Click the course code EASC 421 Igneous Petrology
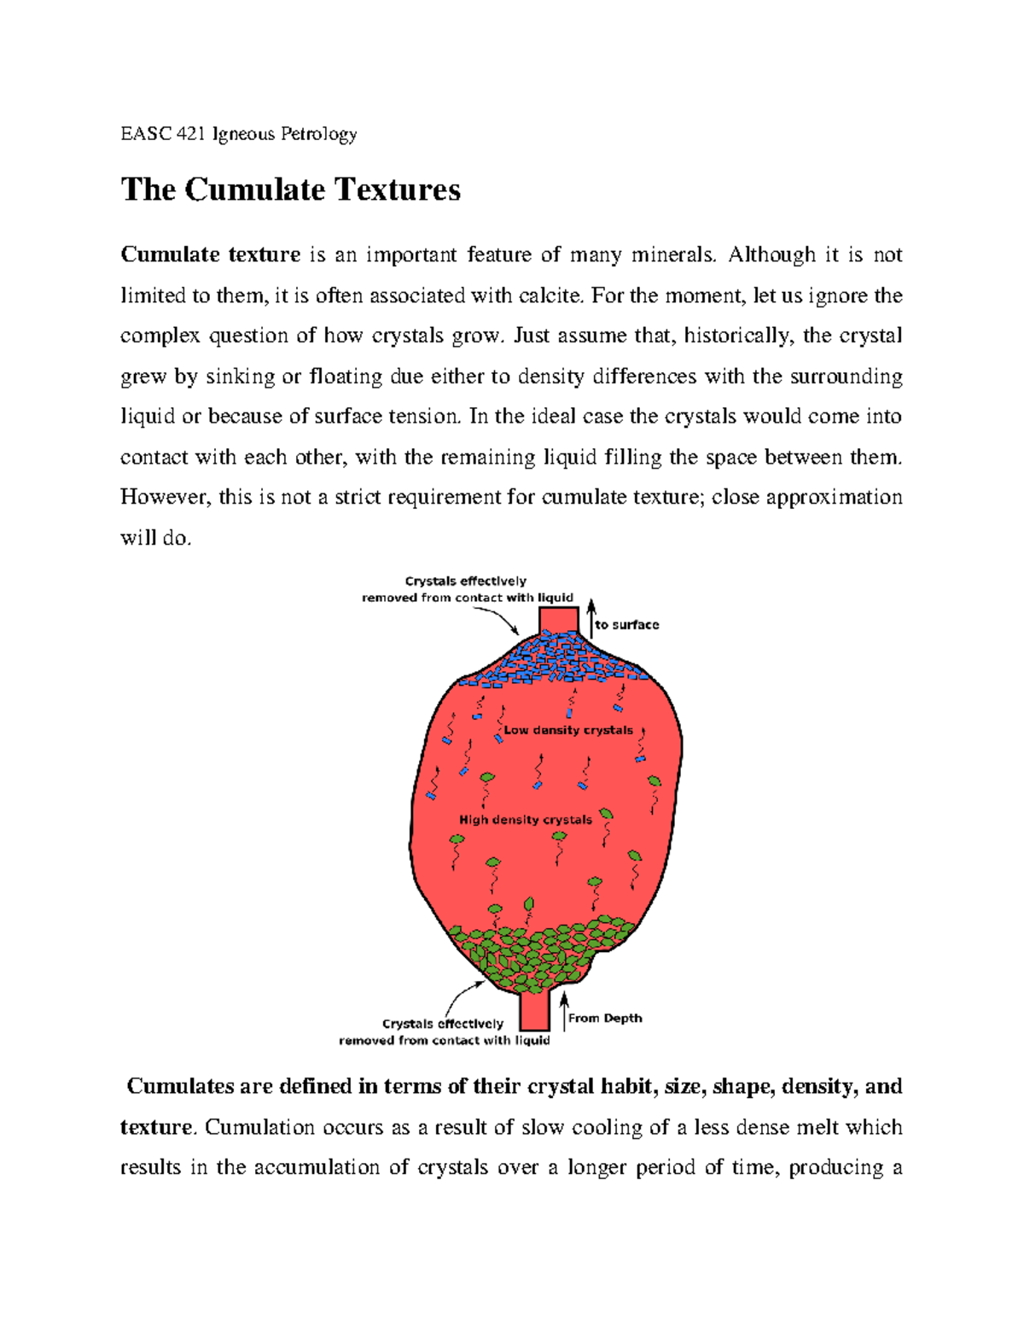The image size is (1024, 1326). point(238,134)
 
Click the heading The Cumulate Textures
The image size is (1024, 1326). point(290,190)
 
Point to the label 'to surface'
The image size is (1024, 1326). point(627,625)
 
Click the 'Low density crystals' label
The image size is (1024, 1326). point(568,730)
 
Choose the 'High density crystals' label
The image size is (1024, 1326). point(526,820)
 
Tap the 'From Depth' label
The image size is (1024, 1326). point(605,1018)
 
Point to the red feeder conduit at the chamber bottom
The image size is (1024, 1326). point(535,1012)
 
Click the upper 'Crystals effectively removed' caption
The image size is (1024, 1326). point(467,589)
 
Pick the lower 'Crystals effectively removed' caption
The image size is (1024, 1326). point(444,1031)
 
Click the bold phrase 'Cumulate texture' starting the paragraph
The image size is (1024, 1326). point(210,254)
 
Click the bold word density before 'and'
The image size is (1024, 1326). point(817,1086)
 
